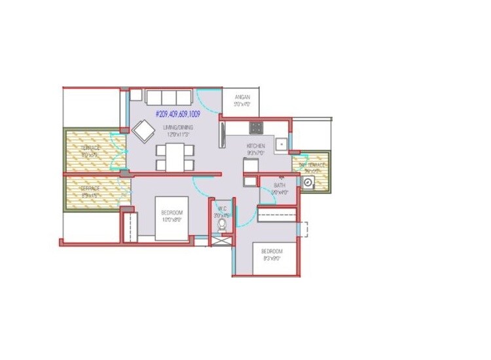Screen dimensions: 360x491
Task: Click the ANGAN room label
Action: tap(243, 97)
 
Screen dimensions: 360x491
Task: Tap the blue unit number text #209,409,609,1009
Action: tap(177, 113)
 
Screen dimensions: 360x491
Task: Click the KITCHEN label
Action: tap(255, 145)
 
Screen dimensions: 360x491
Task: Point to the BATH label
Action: tap(280, 185)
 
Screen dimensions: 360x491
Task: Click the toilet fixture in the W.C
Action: tap(223, 225)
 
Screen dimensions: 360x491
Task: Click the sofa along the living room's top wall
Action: tap(168, 97)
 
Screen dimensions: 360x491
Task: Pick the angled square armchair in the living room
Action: tap(143, 130)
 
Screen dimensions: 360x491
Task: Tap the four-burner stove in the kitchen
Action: tap(256, 128)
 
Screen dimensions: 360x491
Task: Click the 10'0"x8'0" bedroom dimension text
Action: tap(172, 219)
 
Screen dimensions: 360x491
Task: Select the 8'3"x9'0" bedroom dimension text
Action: tap(271, 258)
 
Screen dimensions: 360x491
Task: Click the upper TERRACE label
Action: tap(90, 149)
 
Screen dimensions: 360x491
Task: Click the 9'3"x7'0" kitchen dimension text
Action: tap(255, 152)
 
